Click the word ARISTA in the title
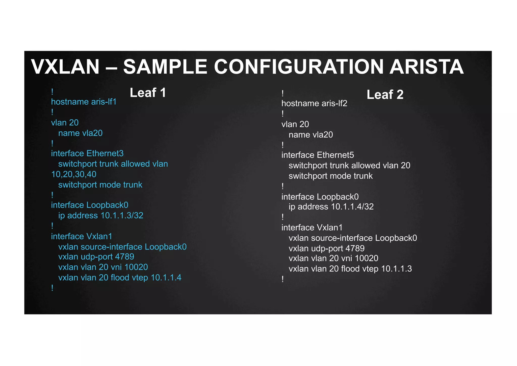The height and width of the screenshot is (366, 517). (426, 67)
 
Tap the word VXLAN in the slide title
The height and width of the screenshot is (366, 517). (65, 67)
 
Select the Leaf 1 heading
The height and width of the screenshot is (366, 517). (148, 93)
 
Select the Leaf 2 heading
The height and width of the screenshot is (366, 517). (385, 95)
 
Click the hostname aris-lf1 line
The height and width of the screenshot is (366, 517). (84, 102)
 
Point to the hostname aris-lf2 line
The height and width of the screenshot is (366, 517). (314, 103)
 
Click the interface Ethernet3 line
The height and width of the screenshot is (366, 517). (87, 153)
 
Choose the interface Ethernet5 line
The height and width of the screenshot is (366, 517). (318, 155)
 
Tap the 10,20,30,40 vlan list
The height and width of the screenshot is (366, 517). (74, 174)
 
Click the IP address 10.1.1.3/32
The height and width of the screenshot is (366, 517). (122, 215)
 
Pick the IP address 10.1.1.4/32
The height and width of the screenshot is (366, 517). (352, 207)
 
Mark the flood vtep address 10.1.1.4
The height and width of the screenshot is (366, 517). (166, 278)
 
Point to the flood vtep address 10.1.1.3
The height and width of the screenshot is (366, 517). (396, 269)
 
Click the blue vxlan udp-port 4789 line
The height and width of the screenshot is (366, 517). (96, 257)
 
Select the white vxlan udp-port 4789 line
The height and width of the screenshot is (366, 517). (326, 248)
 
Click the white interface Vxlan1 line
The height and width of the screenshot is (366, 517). (312, 228)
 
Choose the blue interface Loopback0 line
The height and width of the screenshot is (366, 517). (90, 205)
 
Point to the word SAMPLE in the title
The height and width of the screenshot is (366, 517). (165, 67)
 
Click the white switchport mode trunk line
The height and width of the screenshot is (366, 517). (330, 176)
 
